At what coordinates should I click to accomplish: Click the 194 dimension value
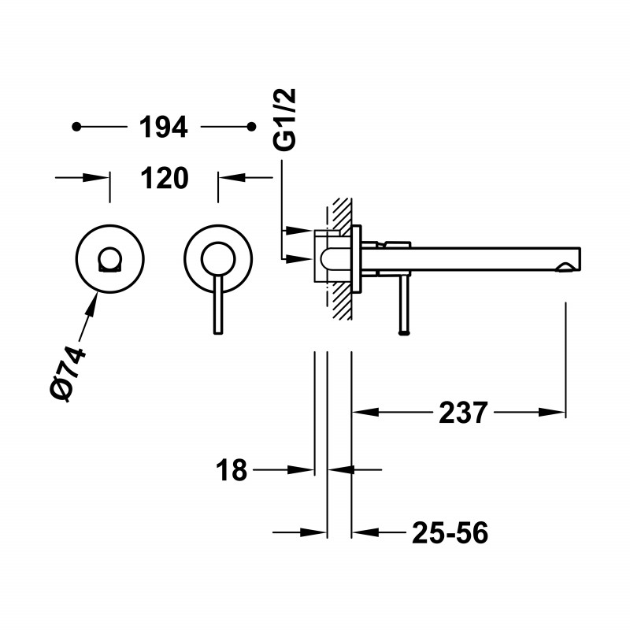click(163, 127)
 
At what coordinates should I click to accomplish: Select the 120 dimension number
click(165, 178)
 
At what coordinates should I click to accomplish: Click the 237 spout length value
click(463, 412)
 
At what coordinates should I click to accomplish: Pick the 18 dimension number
click(232, 469)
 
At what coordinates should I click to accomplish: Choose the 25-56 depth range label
click(450, 533)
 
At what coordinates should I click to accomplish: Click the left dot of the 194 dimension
click(76, 127)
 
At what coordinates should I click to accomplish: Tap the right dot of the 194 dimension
click(251, 127)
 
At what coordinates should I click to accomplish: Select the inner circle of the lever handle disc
click(218, 243)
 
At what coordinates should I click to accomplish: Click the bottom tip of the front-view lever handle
click(218, 333)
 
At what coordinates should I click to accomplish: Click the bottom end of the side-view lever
click(404, 332)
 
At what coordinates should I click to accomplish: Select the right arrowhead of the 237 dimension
click(552, 412)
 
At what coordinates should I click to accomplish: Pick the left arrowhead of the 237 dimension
click(365, 412)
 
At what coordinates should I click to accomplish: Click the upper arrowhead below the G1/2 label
click(298, 231)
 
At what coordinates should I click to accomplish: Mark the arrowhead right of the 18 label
click(301, 469)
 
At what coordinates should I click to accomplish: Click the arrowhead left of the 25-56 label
click(365, 533)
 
